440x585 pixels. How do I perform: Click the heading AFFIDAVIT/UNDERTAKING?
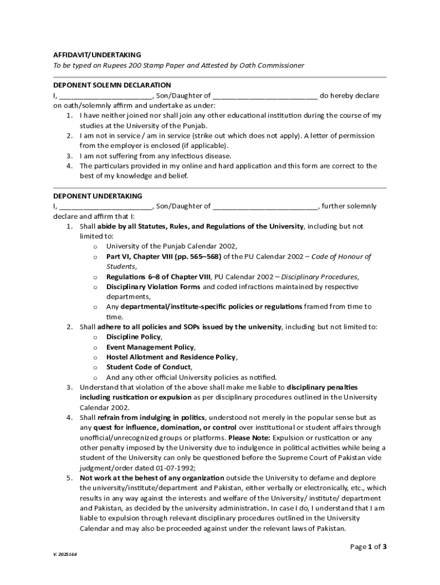click(x=97, y=55)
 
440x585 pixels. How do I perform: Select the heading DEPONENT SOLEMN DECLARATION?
click(x=112, y=85)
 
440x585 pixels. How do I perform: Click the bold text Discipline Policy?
click(x=133, y=337)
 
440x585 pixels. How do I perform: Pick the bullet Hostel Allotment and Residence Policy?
click(x=171, y=357)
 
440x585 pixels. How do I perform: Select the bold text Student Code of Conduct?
click(x=149, y=367)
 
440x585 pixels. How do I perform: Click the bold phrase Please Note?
click(x=250, y=438)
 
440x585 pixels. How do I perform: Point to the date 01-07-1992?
click(x=166, y=467)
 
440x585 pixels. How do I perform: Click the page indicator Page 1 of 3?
click(x=369, y=547)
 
